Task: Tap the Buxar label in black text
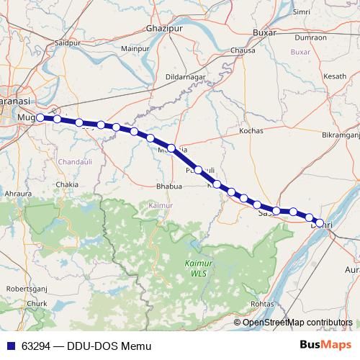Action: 266,33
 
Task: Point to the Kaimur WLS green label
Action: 194,269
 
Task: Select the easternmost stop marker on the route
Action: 320,222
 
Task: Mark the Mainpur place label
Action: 134,48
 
